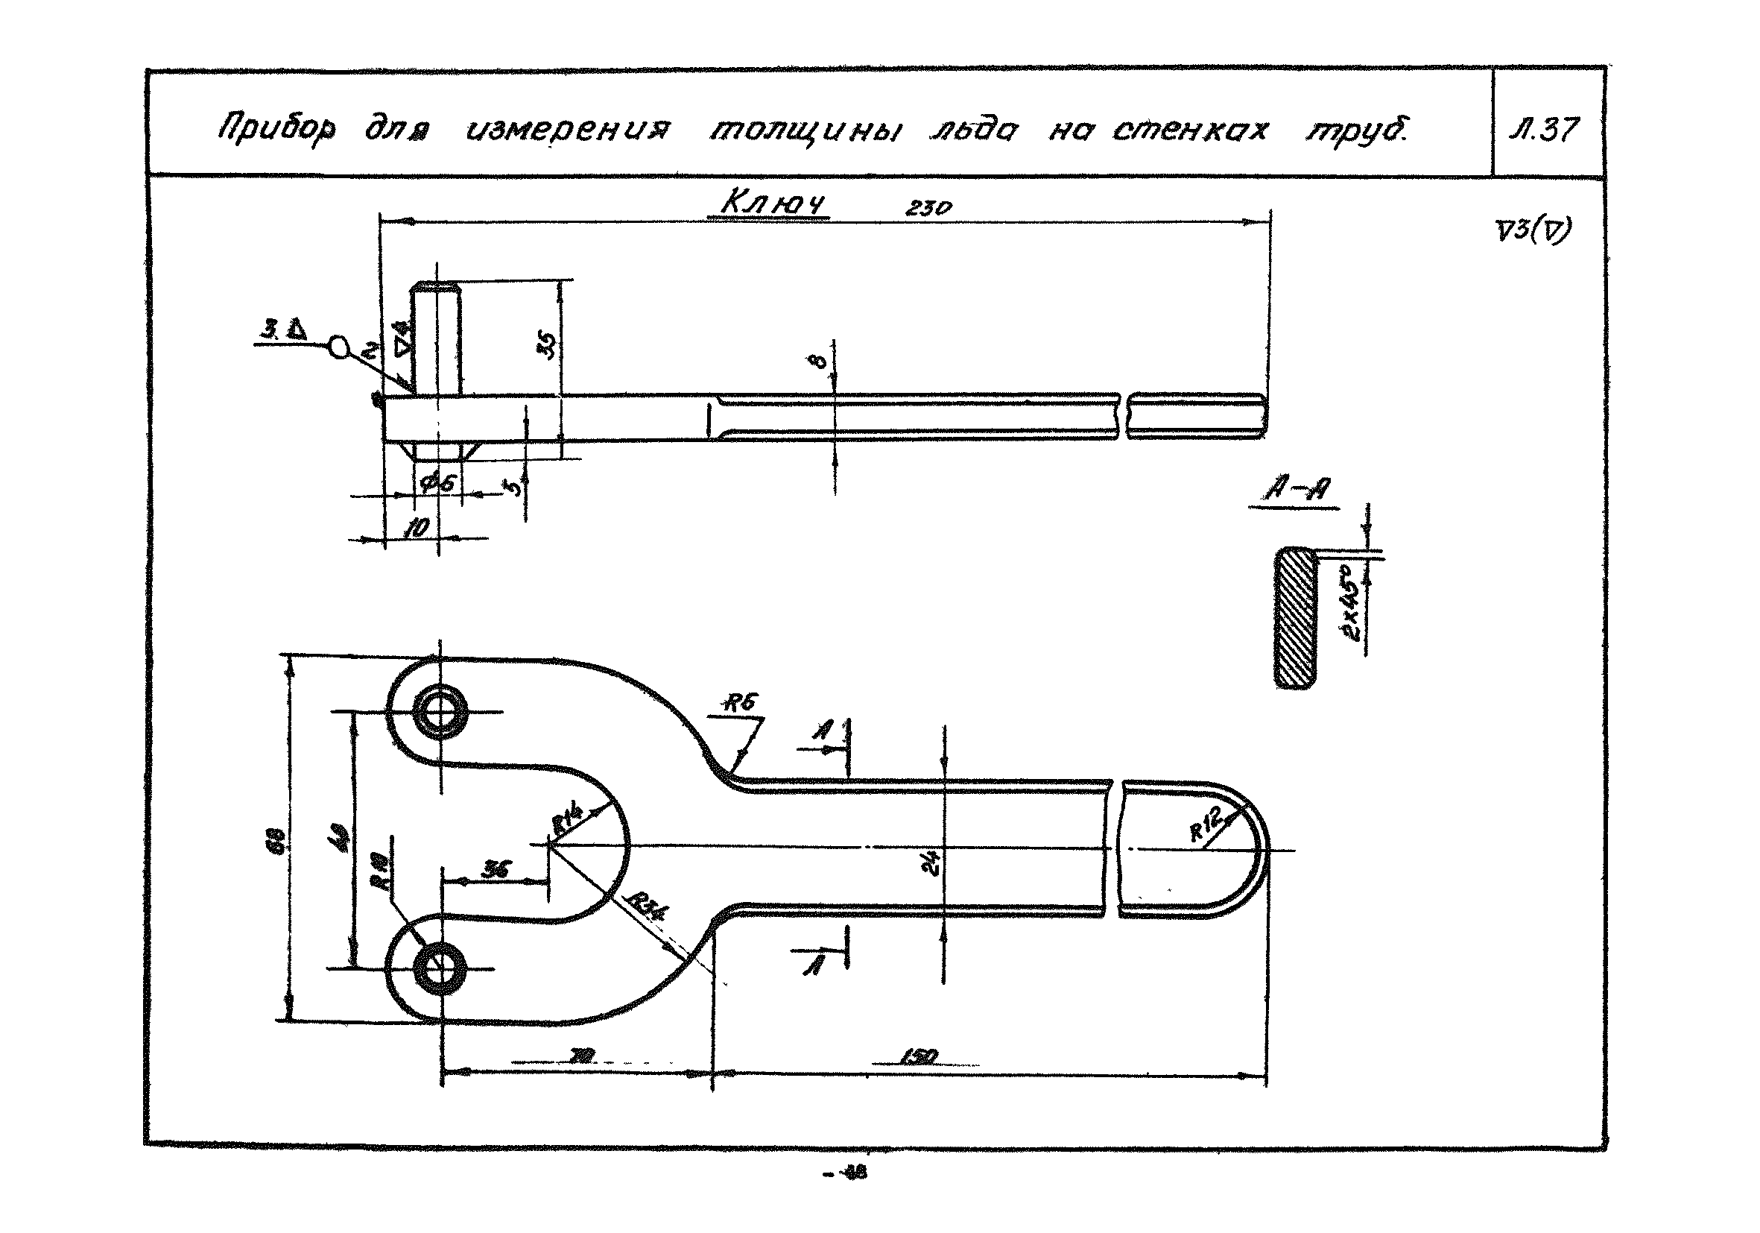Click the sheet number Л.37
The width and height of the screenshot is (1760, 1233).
pyautogui.click(x=1543, y=129)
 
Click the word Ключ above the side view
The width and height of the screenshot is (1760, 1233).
pyautogui.click(x=773, y=204)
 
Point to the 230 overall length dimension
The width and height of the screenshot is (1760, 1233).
pyautogui.click(x=928, y=208)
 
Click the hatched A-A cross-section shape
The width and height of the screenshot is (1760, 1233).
pyautogui.click(x=1296, y=617)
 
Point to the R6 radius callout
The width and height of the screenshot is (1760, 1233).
pyautogui.click(x=741, y=703)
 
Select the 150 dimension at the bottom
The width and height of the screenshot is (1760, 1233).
pyautogui.click(x=919, y=1056)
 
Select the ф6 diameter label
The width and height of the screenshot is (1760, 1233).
pyautogui.click(x=438, y=483)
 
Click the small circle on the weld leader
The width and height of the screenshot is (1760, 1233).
pyautogui.click(x=338, y=347)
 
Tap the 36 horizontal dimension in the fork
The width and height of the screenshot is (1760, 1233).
pyautogui.click(x=497, y=869)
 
